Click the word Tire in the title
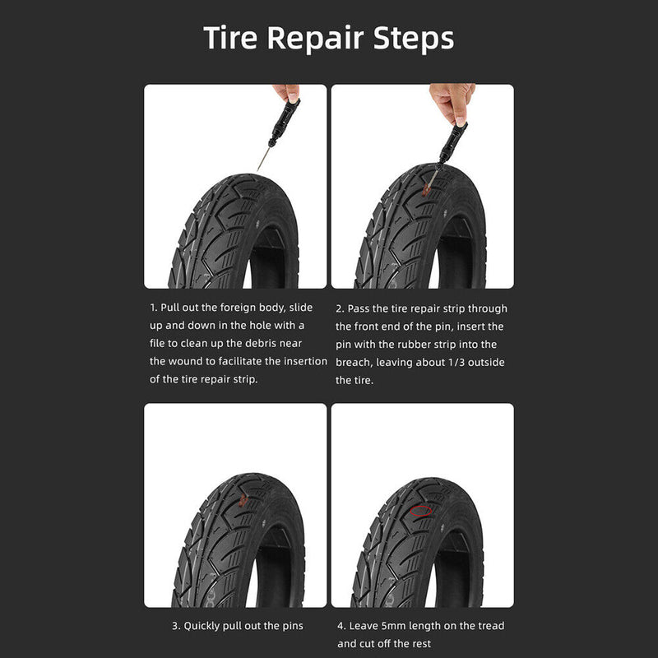pyautogui.click(x=230, y=38)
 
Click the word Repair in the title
pyautogui.click(x=315, y=39)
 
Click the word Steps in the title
pyautogui.click(x=414, y=39)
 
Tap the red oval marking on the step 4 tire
pyautogui.click(x=420, y=511)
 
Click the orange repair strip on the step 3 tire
pyautogui.click(x=243, y=499)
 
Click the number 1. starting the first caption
pyautogui.click(x=154, y=308)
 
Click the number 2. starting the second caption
pyautogui.click(x=340, y=309)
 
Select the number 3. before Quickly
pyautogui.click(x=176, y=626)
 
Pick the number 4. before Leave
pyautogui.click(x=341, y=626)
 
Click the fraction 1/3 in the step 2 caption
pyautogui.click(x=456, y=362)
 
